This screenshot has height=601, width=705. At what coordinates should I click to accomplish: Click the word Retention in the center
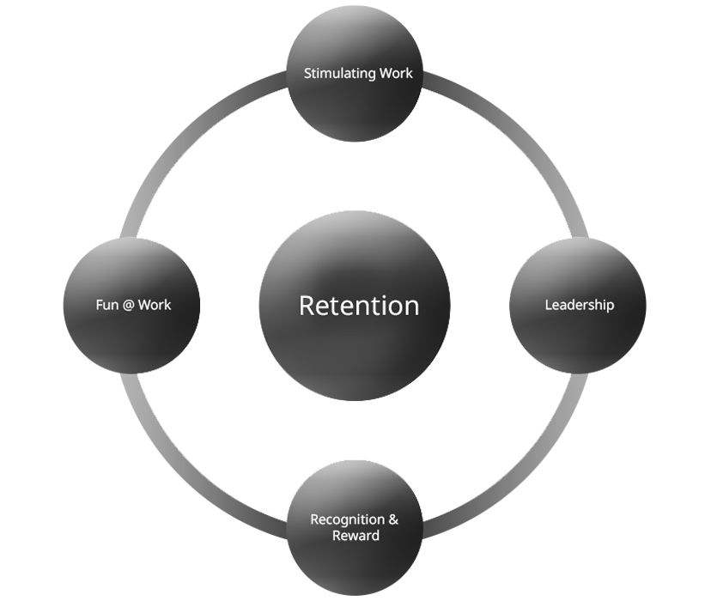tap(359, 306)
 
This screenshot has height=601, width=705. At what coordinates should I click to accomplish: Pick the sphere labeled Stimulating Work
tap(356, 107)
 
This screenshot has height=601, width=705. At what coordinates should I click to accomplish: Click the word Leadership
tap(580, 305)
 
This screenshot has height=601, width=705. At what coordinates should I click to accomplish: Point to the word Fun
tap(106, 305)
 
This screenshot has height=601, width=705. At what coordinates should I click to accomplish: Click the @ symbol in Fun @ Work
tap(128, 305)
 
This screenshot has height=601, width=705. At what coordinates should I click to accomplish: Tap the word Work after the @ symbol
tap(155, 305)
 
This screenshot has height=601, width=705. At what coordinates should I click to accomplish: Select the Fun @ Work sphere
tap(133, 339)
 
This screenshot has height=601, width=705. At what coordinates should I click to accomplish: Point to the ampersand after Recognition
tap(393, 519)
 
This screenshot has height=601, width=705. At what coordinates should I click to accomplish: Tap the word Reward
tap(356, 536)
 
